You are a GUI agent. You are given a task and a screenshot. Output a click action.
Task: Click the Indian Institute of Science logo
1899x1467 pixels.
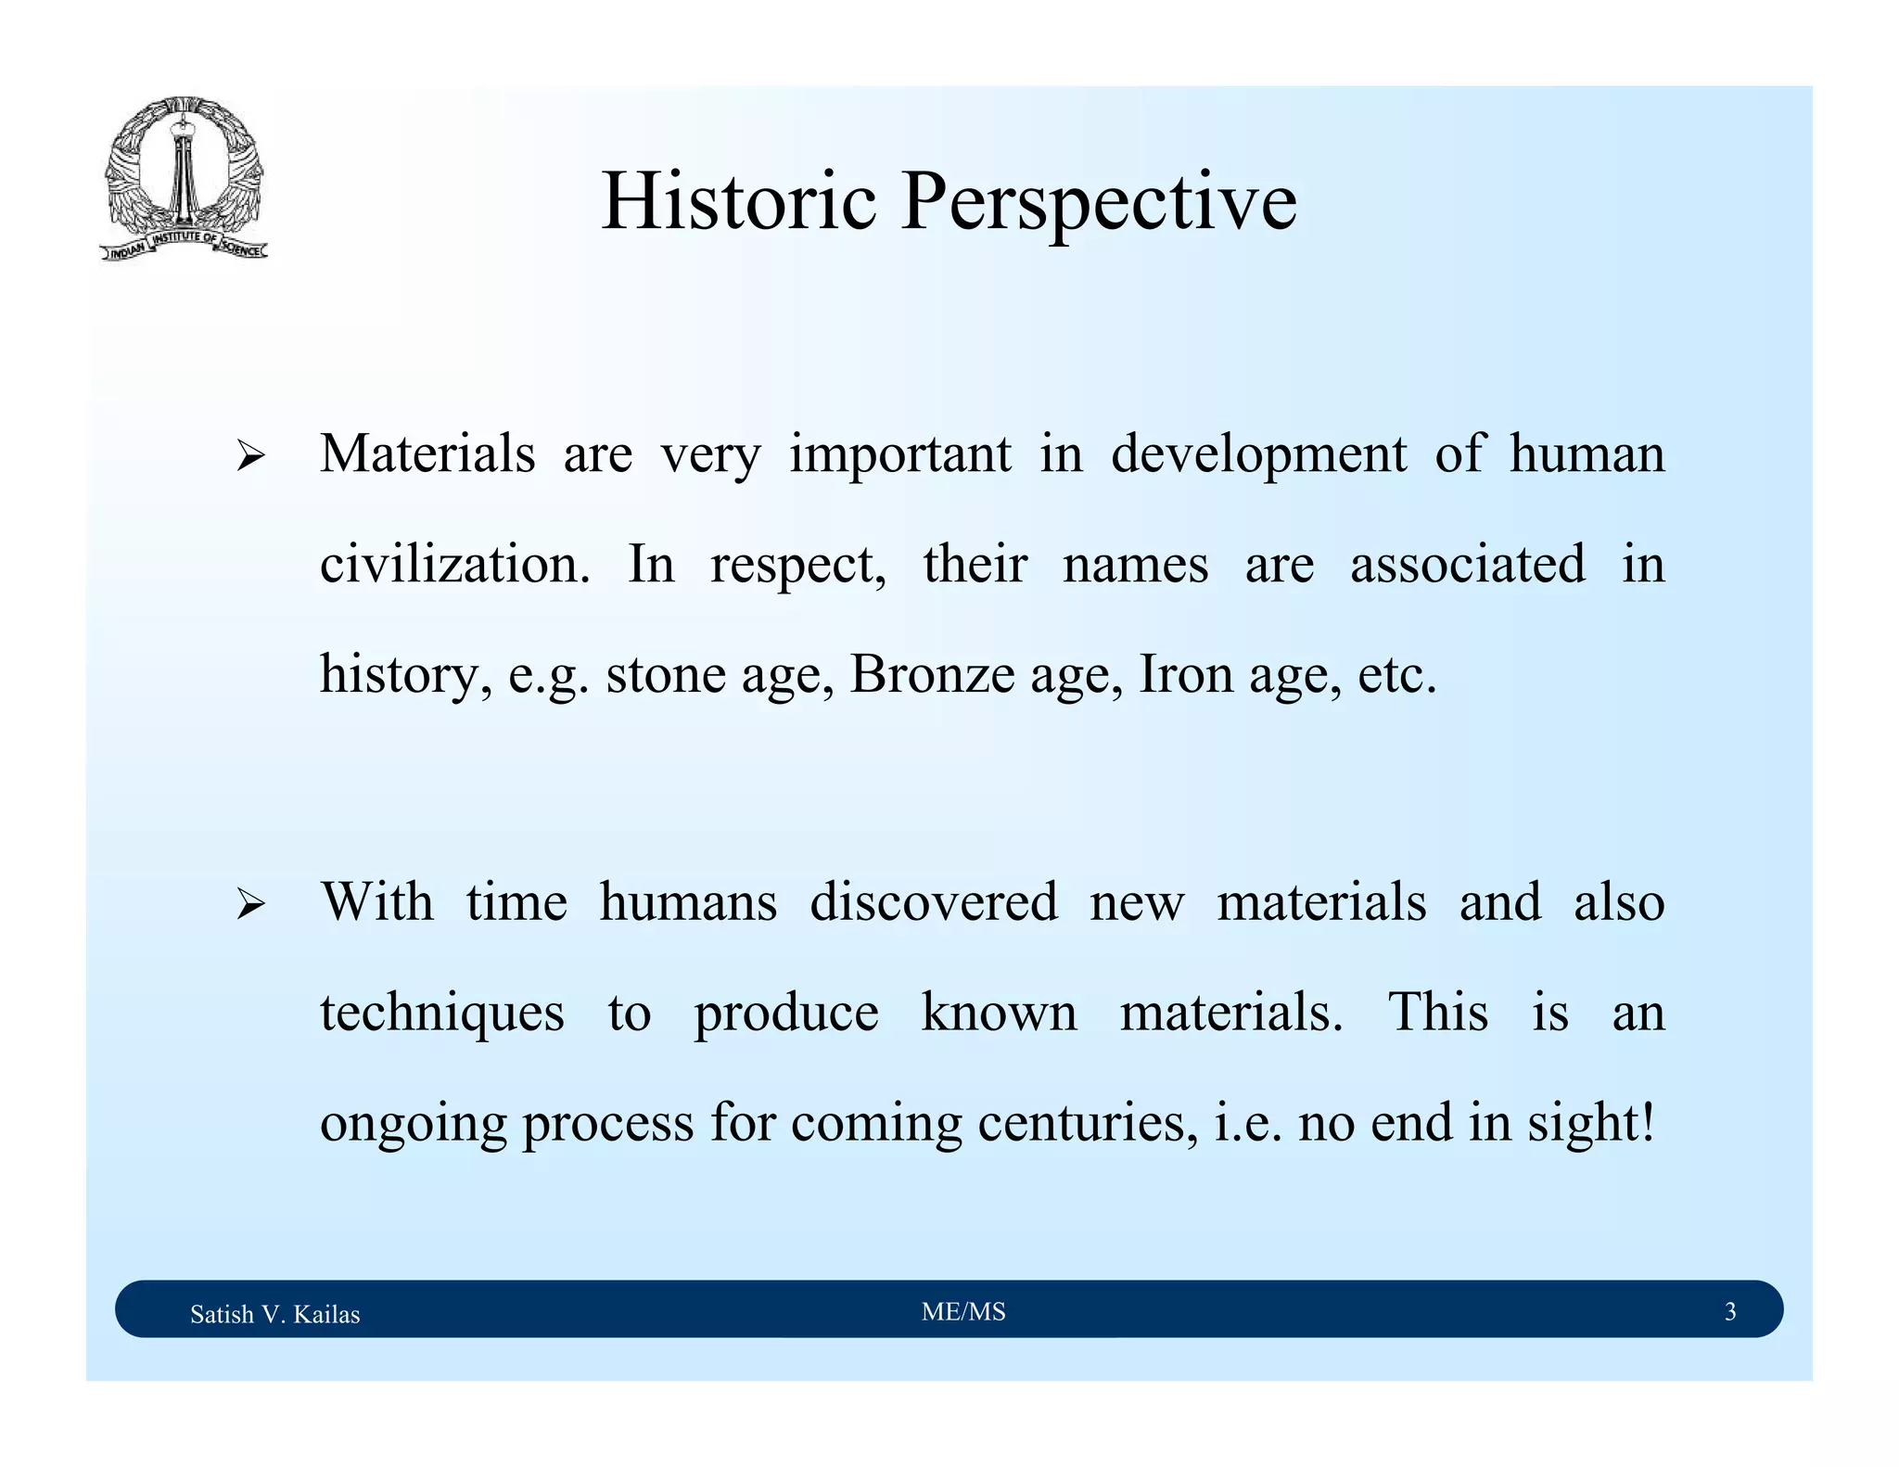[x=184, y=178]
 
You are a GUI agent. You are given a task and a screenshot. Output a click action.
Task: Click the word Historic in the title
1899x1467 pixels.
[x=738, y=202]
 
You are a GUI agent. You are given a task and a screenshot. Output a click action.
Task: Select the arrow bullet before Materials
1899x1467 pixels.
[x=250, y=456]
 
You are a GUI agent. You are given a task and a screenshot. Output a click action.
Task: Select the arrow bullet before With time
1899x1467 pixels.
[x=250, y=903]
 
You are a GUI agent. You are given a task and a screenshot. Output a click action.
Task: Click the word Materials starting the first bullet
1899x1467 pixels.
[x=427, y=454]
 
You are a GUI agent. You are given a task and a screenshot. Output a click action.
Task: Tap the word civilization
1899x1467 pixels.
[x=454, y=564]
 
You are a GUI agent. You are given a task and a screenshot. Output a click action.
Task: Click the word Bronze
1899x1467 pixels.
[x=932, y=674]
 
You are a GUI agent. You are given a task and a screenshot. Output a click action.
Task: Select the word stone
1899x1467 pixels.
[x=666, y=674]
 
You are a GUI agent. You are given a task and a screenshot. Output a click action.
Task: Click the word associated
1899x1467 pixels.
[x=1467, y=564]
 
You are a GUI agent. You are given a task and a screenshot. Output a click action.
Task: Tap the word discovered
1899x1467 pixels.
[x=933, y=901]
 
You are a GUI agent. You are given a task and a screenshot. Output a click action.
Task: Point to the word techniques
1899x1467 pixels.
[x=442, y=1012]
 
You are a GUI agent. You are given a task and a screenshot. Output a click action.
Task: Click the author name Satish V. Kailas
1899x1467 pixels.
[x=274, y=1314]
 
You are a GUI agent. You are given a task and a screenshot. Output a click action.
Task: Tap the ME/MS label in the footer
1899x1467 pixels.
[x=963, y=1311]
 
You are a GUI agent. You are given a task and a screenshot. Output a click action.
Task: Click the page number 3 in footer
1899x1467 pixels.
[x=1729, y=1311]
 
